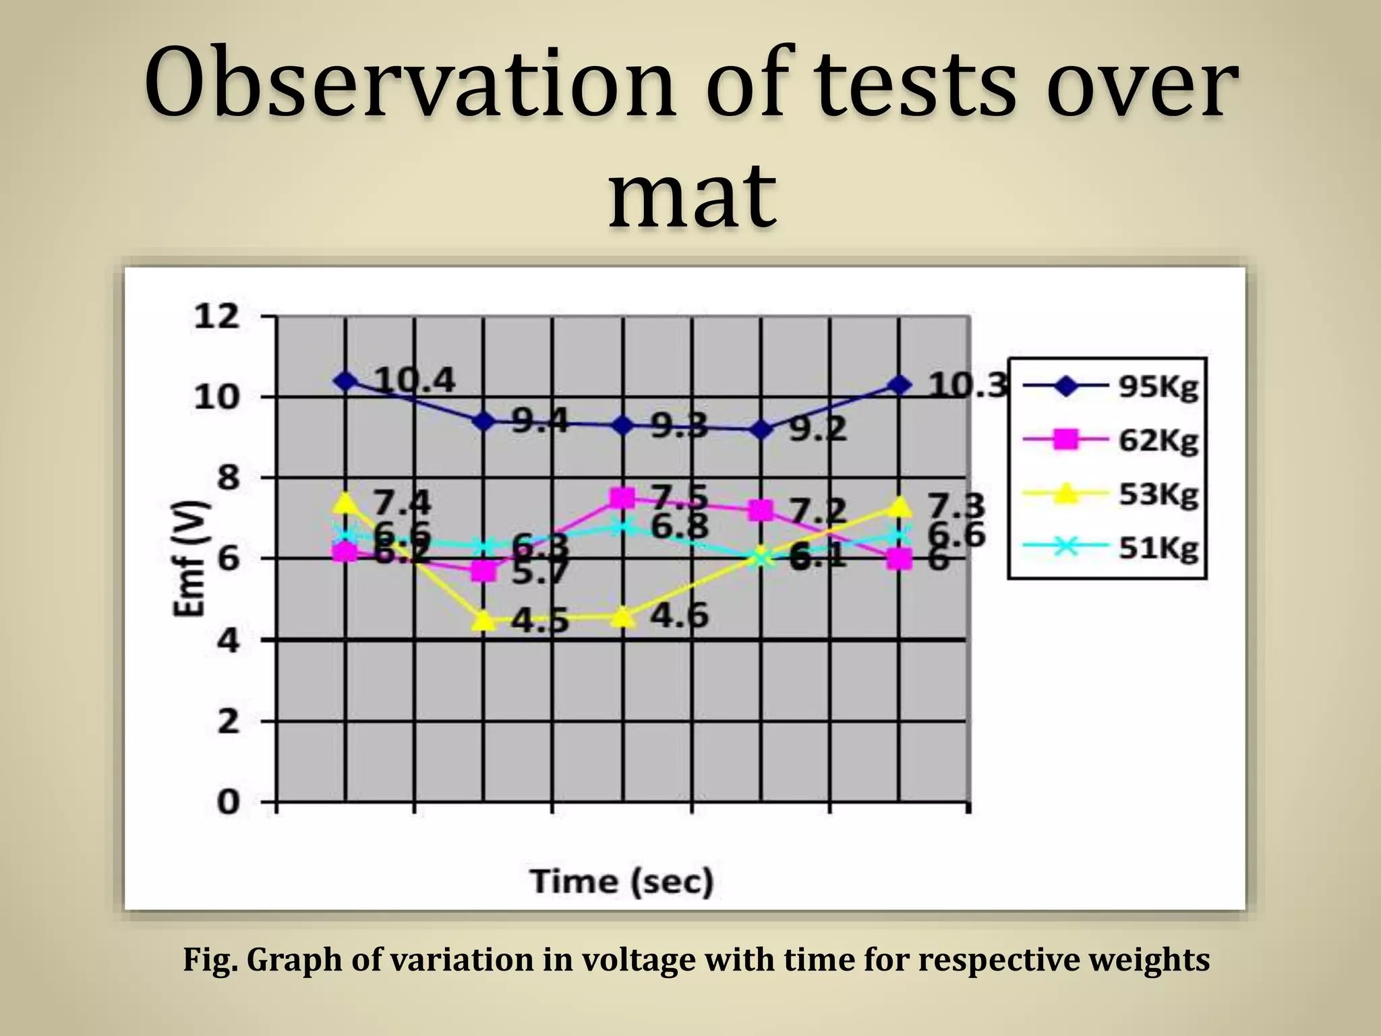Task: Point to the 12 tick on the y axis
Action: pyautogui.click(x=216, y=316)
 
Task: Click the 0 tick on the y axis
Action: pyautogui.click(x=228, y=803)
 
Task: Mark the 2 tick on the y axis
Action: pyautogui.click(x=228, y=722)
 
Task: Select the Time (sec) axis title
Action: pyautogui.click(x=621, y=882)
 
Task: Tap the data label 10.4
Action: pyautogui.click(x=415, y=381)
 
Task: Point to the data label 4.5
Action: pyautogui.click(x=539, y=621)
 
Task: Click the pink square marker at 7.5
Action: pyautogui.click(x=622, y=498)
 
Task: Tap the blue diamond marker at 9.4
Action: pyautogui.click(x=483, y=422)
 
